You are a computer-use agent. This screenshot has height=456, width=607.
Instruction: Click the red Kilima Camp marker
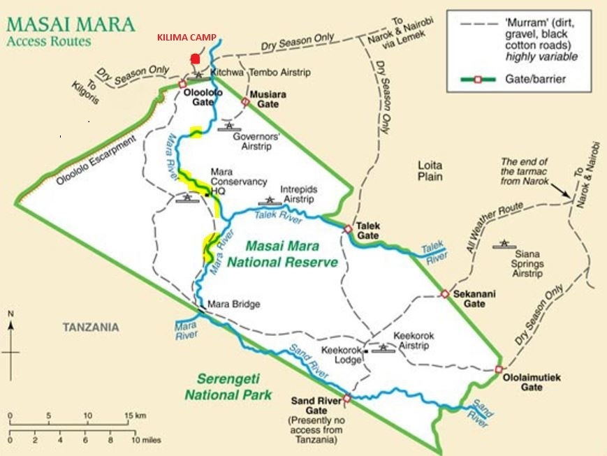(196, 59)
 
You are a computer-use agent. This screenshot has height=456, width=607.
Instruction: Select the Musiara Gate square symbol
(245, 101)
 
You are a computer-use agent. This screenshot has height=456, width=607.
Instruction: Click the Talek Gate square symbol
(348, 228)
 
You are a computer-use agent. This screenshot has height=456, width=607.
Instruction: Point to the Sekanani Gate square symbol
(444, 294)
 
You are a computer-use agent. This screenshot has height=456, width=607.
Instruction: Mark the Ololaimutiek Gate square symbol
(499, 369)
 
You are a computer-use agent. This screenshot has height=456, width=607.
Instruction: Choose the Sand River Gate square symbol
(346, 399)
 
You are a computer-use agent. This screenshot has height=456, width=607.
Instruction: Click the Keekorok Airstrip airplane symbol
(383, 347)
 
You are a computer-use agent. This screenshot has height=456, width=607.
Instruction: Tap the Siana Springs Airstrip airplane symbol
(503, 244)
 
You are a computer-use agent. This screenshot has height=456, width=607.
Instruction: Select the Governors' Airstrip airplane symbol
(228, 126)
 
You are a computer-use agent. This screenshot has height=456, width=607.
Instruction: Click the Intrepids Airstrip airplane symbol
(270, 201)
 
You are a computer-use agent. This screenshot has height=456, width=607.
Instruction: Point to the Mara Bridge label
(233, 304)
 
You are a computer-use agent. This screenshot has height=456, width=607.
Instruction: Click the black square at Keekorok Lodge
(366, 360)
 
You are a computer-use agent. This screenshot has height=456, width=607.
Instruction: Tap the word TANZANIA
(91, 327)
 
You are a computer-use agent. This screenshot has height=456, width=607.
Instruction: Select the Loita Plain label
(430, 172)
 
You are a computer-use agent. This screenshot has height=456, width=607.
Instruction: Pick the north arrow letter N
(10, 314)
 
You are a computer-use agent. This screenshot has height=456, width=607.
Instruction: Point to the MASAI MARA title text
(70, 24)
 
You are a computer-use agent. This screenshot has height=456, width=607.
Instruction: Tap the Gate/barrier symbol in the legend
(478, 79)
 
